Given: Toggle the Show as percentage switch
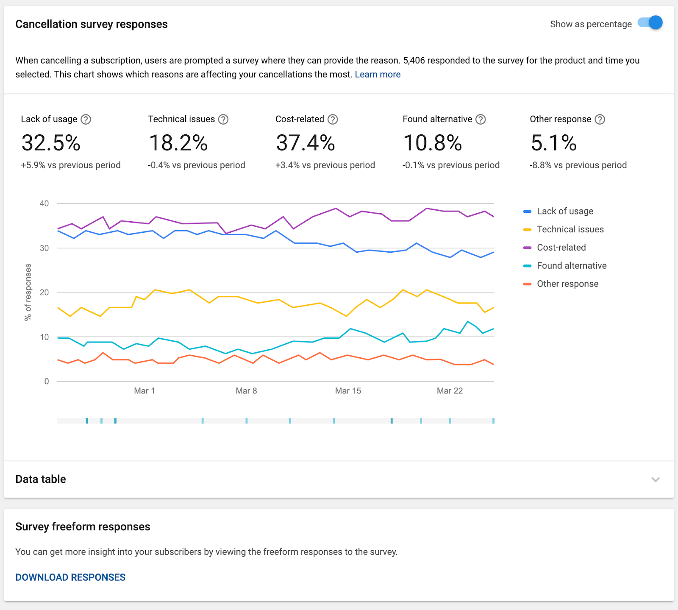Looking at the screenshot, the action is coord(650,23).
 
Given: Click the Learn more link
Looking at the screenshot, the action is coord(378,75).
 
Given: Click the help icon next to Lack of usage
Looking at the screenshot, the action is coord(86,120).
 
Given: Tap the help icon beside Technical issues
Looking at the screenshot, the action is coord(223,120).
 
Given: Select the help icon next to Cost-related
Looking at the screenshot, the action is coord(333,120).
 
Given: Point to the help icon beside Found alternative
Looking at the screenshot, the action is coord(481,120).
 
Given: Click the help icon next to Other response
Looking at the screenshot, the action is coord(600,120).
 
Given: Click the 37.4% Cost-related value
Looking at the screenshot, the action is coord(305,143).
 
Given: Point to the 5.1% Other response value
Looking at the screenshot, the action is coord(553,143).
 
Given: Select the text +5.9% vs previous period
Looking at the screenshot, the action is coord(71,165).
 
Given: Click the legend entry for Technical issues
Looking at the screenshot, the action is coord(564,229).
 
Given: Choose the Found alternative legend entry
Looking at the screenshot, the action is coord(565,266).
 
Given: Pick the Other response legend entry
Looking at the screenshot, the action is coord(561,284).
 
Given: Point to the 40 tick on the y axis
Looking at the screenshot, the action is coord(44,203).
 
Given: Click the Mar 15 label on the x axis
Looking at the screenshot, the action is coord(348,391).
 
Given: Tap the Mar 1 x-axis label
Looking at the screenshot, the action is coord(144,391).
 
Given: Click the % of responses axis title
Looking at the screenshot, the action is coord(28,292).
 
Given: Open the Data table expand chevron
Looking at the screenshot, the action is coord(656,479).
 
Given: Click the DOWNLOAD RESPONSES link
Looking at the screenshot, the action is coord(70,577).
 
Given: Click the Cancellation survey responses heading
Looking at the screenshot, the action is coord(92,24).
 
